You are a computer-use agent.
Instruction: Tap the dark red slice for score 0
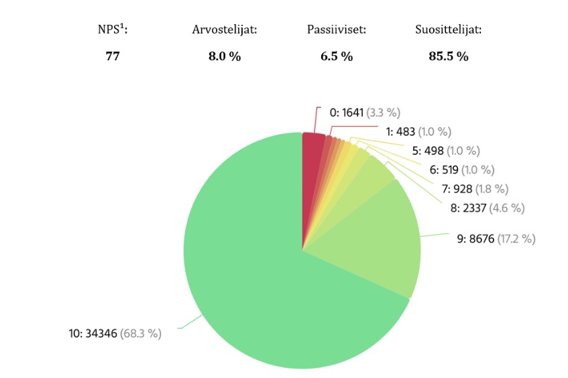[x=313, y=161]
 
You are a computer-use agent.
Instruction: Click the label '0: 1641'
[x=346, y=113]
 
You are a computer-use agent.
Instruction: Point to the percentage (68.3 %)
[x=140, y=333]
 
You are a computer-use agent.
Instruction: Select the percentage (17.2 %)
[x=516, y=239]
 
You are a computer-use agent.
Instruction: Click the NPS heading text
[x=113, y=30]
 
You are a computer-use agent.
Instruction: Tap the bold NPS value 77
[x=113, y=56]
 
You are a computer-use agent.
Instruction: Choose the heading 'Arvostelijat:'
[x=225, y=30]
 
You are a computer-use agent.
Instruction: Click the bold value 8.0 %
[x=225, y=56]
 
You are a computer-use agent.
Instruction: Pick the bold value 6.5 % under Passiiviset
[x=337, y=56]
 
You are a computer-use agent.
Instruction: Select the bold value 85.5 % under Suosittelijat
[x=449, y=56]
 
